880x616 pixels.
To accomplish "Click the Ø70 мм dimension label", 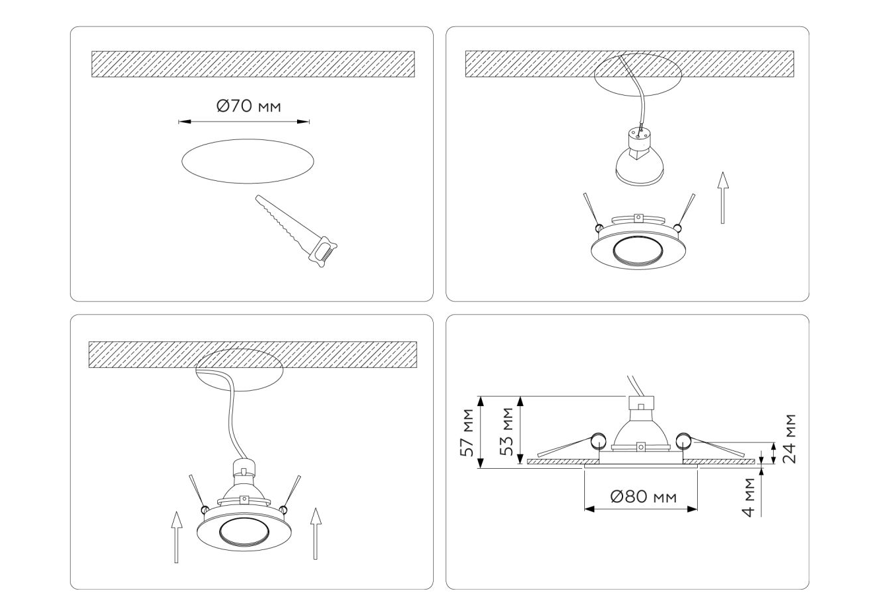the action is pos(249,106).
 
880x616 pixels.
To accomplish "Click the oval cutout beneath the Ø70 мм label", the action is pos(248,161).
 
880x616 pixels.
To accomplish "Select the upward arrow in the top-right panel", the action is pos(722,197).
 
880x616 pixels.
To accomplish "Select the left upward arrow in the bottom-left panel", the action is pos(177,537).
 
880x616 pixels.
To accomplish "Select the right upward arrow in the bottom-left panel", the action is pos(316,533).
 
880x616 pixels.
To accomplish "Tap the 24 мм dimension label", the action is pos(789,438).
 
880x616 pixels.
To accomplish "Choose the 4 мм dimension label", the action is pos(749,497).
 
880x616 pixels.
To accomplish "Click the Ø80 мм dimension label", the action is pos(644,497).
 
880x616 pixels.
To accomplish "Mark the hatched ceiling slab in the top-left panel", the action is pos(253,64).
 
